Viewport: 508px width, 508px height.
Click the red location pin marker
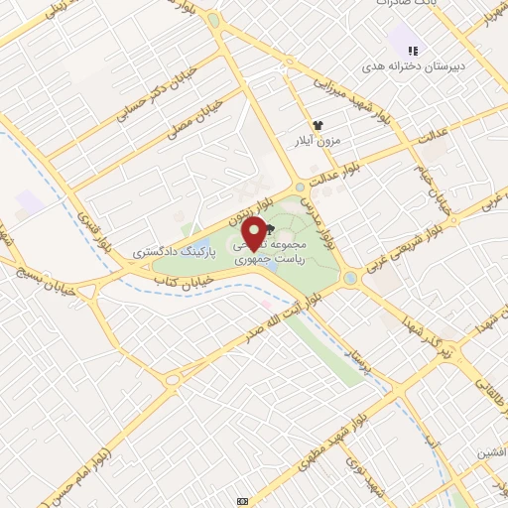point(254,233)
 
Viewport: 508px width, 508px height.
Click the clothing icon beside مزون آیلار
point(317,125)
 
